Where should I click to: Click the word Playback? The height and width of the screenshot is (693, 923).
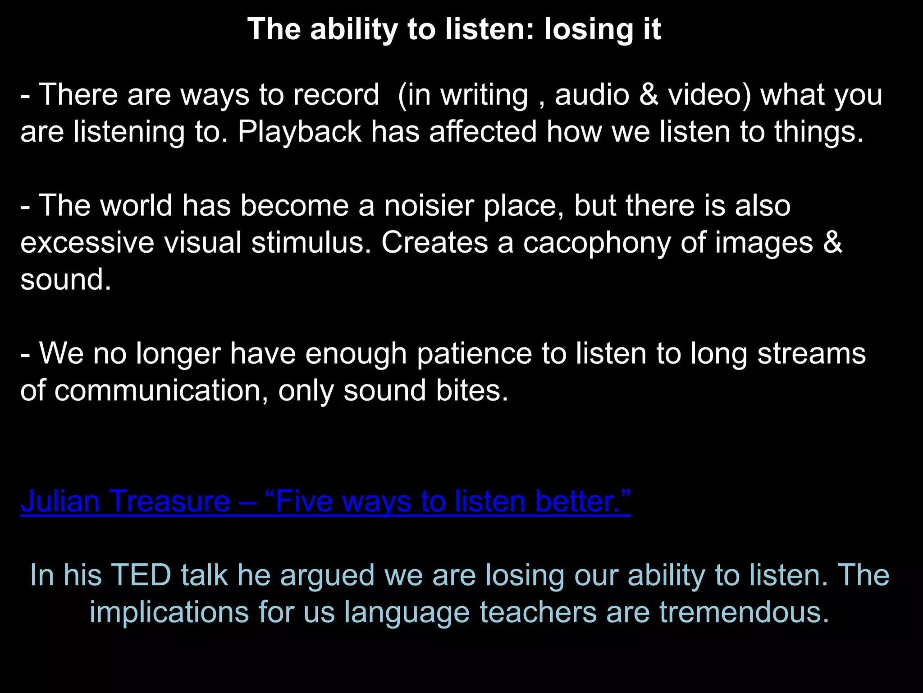[299, 132]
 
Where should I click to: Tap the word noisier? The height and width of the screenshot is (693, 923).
[429, 206]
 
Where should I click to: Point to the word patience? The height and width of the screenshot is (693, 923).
[475, 353]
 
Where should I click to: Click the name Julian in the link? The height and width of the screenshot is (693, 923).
[60, 501]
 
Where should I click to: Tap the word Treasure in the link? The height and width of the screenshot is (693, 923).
[169, 501]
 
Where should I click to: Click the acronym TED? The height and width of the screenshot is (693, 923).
[141, 575]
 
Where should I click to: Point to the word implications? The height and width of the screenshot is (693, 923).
[169, 612]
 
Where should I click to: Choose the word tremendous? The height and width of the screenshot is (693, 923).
[744, 612]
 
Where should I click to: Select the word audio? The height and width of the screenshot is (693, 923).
[592, 95]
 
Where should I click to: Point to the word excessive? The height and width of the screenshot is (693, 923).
[87, 243]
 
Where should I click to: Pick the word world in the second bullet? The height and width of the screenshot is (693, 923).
[136, 206]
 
